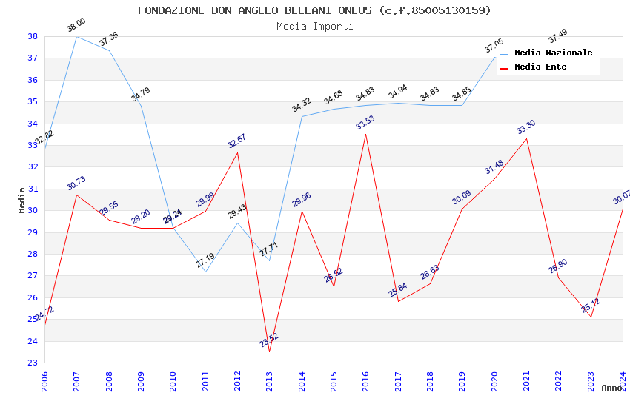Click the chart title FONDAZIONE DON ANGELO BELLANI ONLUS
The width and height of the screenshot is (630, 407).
click(314, 10)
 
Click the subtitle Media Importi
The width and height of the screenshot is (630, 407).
click(314, 26)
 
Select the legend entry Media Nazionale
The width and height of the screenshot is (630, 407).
click(553, 53)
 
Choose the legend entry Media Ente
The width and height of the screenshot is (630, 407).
click(540, 67)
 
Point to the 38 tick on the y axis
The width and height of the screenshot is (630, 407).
click(33, 36)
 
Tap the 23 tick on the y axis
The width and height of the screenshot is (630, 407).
click(33, 363)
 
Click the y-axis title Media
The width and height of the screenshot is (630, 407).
click(21, 200)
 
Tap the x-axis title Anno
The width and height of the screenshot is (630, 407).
click(611, 388)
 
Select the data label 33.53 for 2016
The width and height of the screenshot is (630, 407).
click(365, 122)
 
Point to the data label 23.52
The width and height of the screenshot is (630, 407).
click(269, 340)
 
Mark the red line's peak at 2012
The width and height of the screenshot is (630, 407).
click(237, 152)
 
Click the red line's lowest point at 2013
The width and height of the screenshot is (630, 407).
click(269, 351)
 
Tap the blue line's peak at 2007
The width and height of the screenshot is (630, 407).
click(76, 36)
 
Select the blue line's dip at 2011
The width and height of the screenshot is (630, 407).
click(205, 272)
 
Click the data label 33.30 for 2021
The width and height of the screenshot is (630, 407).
click(526, 127)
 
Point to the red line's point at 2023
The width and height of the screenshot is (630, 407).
click(591, 317)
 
